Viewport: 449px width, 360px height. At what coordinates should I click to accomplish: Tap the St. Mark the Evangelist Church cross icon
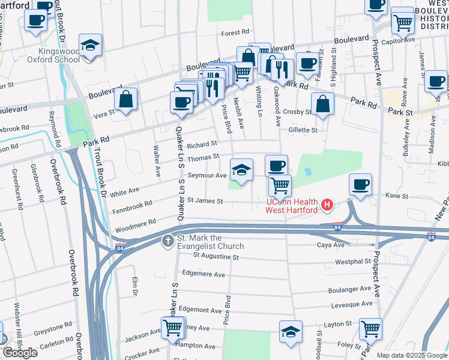click(169, 241)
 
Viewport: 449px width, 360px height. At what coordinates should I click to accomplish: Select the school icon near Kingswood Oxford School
click(90, 46)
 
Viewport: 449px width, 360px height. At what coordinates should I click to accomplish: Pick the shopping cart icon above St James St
click(280, 186)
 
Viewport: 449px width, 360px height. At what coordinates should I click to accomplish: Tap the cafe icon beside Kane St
click(360, 185)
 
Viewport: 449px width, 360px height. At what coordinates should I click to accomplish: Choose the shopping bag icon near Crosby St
click(323, 103)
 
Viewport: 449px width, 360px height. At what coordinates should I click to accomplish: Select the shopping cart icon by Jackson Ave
click(173, 328)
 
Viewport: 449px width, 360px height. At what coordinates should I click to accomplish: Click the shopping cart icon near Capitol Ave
click(403, 23)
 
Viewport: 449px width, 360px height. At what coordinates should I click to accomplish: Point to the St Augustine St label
click(216, 257)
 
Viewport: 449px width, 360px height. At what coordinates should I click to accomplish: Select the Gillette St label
click(303, 130)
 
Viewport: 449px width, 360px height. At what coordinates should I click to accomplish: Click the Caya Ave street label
click(331, 245)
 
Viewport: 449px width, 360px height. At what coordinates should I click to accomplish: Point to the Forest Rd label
click(235, 34)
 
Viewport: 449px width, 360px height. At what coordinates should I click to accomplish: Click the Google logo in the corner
click(20, 353)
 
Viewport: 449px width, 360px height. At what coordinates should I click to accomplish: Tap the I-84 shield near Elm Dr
click(120, 245)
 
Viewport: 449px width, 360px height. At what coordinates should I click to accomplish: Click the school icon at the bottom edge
click(290, 332)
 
